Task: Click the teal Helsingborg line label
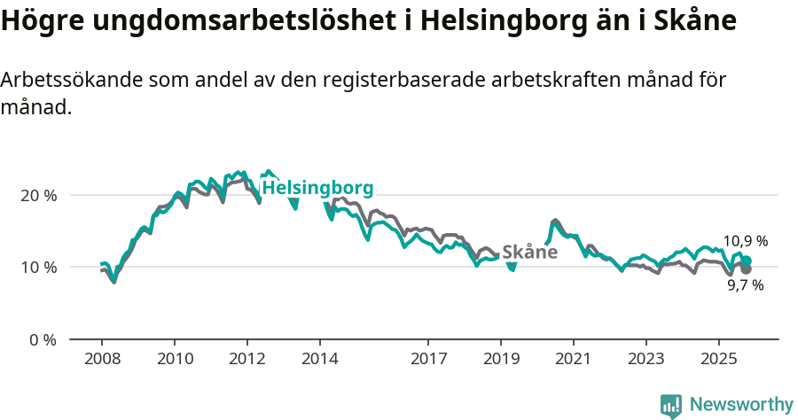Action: [x=317, y=188]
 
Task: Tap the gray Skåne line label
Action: [x=529, y=253]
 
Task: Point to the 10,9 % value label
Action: [x=745, y=241]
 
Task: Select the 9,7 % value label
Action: [x=745, y=285]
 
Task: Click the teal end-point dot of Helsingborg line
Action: [x=747, y=261]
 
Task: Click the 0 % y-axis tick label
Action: [x=43, y=339]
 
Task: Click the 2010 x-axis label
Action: [x=174, y=361]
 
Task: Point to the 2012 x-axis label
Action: [x=246, y=361]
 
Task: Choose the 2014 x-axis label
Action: [x=319, y=361]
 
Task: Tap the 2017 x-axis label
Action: [x=428, y=361]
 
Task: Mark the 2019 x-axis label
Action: [x=501, y=361]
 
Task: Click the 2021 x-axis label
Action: [x=574, y=361]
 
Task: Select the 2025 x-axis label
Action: [x=718, y=361]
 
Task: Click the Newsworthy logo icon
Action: [x=671, y=406]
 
